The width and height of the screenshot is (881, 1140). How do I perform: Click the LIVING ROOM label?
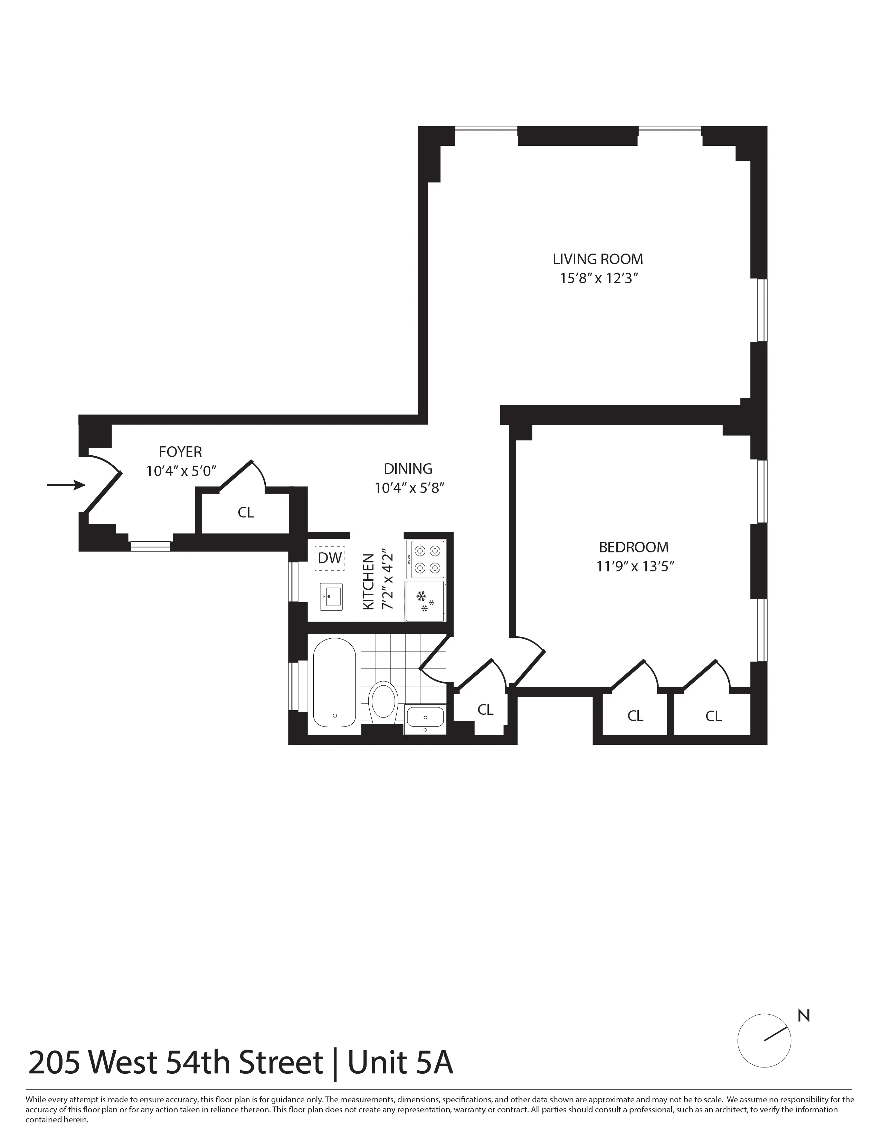[598, 259]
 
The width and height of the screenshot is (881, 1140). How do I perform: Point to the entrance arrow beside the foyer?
[66, 485]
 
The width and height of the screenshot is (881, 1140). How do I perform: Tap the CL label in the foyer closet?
[246, 513]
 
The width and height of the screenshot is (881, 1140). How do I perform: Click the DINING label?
[408, 469]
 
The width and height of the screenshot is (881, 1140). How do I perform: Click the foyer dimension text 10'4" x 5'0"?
[181, 471]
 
